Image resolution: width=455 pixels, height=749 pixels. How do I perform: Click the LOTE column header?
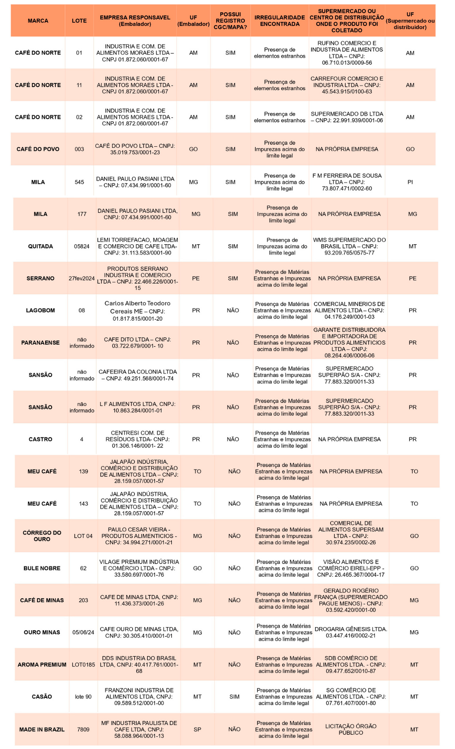pyautogui.click(x=79, y=21)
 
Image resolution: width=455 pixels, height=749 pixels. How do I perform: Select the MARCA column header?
pyautogui.click(x=38, y=21)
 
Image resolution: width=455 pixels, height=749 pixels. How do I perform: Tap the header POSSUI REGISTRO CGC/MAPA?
pyautogui.click(x=230, y=21)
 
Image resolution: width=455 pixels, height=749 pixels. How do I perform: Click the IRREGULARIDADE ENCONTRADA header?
pyautogui.click(x=280, y=21)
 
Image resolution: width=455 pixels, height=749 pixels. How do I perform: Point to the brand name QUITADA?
pyautogui.click(x=40, y=246)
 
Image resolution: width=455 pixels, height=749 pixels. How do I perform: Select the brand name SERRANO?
pyautogui.click(x=40, y=278)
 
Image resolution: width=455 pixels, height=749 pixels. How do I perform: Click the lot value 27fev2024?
pyautogui.click(x=82, y=278)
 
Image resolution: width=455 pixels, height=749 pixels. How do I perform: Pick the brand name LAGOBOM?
pyautogui.click(x=40, y=310)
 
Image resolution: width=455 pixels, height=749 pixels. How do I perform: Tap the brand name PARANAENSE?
pyautogui.click(x=40, y=343)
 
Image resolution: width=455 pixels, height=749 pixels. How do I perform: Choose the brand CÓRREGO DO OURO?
pyautogui.click(x=42, y=536)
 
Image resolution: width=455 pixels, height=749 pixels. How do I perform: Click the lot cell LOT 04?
pyautogui.click(x=83, y=536)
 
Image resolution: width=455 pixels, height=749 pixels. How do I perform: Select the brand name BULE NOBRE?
pyautogui.click(x=42, y=568)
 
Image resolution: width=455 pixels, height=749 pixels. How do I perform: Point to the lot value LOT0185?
pyautogui.click(x=83, y=665)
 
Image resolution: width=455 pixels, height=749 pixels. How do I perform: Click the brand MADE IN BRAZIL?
pyautogui.click(x=42, y=729)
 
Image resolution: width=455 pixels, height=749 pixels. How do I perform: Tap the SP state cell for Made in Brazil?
pyautogui.click(x=198, y=729)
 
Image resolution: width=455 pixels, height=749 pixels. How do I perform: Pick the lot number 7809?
pyautogui.click(x=83, y=729)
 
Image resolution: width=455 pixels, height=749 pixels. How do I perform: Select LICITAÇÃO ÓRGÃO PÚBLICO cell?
pyautogui.click(x=351, y=729)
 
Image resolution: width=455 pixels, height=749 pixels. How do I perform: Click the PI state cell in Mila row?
pyautogui.click(x=410, y=182)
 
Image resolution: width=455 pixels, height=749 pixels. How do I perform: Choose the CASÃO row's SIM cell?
pyautogui.click(x=235, y=697)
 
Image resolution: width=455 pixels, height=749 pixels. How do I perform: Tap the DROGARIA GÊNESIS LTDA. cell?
pyautogui.click(x=351, y=632)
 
